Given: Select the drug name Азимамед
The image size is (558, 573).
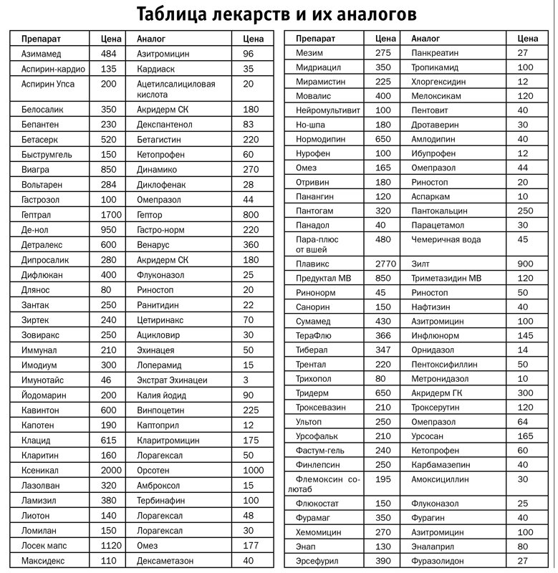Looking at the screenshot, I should coord(42,54).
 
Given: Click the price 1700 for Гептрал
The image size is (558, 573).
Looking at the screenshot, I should coord(111,214).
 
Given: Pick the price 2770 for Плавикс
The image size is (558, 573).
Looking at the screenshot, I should coord(386,264).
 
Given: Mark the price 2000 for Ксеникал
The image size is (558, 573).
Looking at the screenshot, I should coord(111,471).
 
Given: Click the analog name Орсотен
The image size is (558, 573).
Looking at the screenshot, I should coord(153,471).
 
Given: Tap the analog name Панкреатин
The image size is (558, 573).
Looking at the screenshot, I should coord(435,52).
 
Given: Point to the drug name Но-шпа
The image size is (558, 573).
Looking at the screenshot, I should coord(310,125).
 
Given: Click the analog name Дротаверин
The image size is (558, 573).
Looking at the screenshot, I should coord(434,125).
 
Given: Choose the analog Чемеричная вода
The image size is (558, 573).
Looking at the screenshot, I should coord(446,239).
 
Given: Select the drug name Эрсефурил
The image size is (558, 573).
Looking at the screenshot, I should coord(317,561).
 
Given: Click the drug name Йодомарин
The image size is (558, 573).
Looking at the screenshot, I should coord(44,395).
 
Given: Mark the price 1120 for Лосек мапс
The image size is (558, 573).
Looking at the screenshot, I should coord(111,546).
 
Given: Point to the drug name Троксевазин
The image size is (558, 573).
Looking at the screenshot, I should coord(320,407).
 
